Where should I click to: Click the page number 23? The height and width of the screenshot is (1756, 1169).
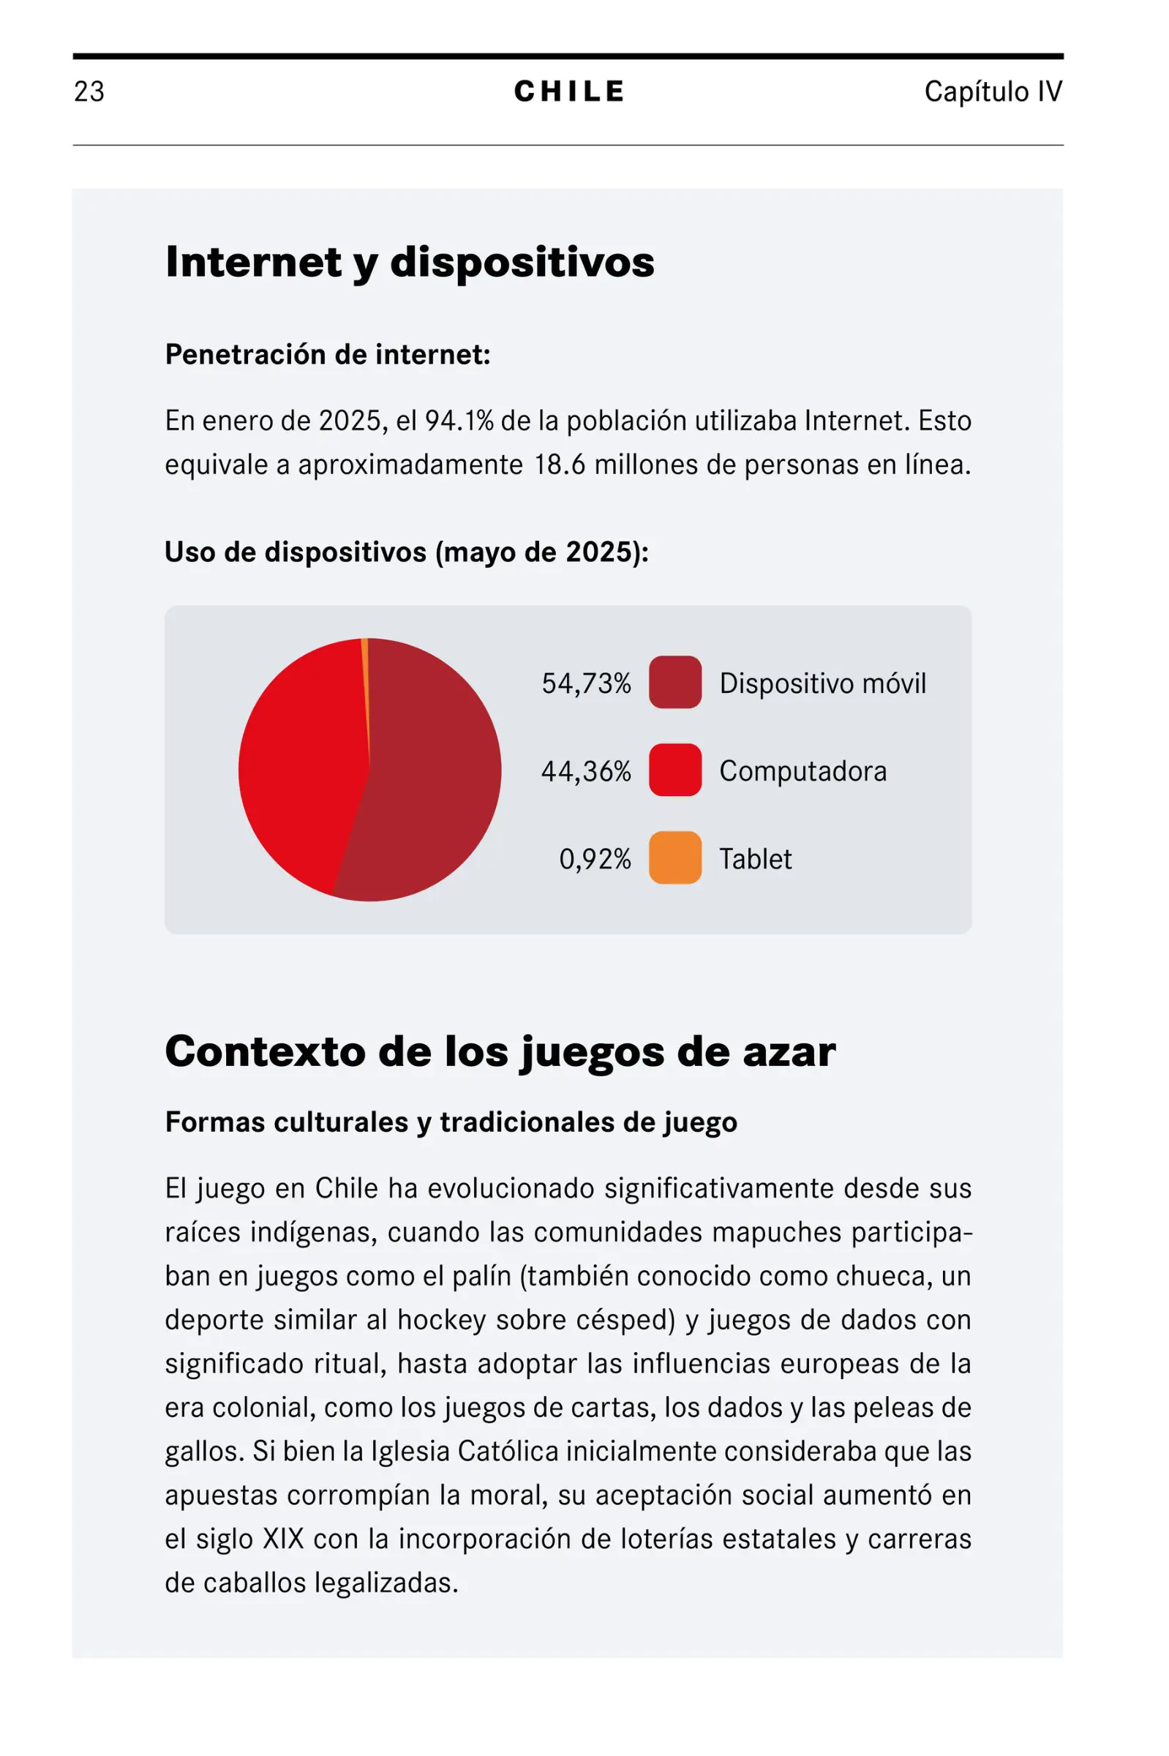(x=89, y=91)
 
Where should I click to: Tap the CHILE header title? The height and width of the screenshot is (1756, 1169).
(x=569, y=91)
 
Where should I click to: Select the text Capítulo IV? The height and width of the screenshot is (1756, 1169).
(x=992, y=91)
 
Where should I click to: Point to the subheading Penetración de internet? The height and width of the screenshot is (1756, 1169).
(x=327, y=354)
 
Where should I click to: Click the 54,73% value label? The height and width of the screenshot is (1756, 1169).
(x=586, y=683)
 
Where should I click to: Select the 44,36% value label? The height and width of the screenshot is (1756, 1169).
(x=586, y=771)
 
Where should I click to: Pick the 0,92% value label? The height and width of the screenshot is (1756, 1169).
(x=595, y=859)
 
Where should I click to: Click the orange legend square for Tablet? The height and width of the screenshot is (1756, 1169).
(x=674, y=858)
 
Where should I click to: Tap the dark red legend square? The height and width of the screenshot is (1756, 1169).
(x=674, y=682)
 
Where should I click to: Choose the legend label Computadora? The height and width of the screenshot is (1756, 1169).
(x=803, y=771)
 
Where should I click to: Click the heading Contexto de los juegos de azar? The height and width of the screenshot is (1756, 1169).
(x=500, y=1051)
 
